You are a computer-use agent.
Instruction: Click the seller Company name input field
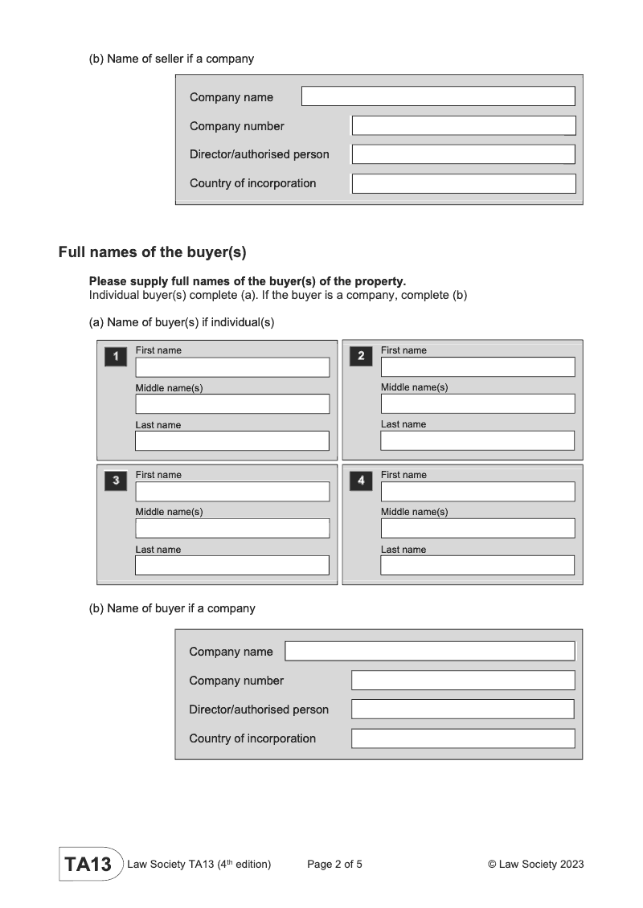point(438,96)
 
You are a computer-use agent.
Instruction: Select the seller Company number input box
point(464,125)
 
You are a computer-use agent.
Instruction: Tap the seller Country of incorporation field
point(464,183)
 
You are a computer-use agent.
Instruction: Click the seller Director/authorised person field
point(464,154)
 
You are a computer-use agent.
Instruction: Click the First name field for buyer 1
point(232,367)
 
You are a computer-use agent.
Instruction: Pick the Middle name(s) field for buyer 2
point(477,403)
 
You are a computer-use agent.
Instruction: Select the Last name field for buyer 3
point(232,566)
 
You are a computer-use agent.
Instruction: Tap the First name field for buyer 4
point(477,492)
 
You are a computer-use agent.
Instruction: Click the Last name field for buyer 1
point(232,441)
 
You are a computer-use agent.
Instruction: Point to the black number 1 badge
point(116,356)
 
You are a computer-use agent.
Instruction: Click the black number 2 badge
point(361,356)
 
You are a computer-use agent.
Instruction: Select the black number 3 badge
point(116,481)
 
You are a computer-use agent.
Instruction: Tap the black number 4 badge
point(361,481)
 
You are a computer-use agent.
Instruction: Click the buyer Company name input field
point(430,651)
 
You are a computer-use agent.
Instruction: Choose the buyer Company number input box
point(463,681)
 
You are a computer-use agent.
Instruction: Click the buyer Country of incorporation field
point(463,738)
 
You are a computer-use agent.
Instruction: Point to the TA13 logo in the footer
point(88,865)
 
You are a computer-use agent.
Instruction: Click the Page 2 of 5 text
point(334,865)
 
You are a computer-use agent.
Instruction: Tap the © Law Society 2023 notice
point(535,865)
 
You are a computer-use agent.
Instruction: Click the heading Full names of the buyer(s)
point(152,252)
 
